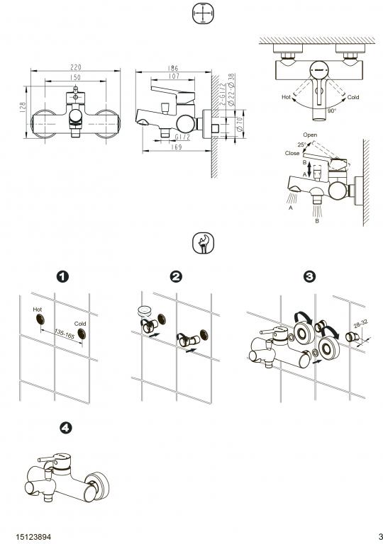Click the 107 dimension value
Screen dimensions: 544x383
coord(172,76)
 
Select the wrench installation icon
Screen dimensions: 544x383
coord(203,243)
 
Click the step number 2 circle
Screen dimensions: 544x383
coord(177,276)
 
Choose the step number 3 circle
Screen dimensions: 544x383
coord(309,276)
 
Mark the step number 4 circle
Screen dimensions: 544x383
coord(66,428)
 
